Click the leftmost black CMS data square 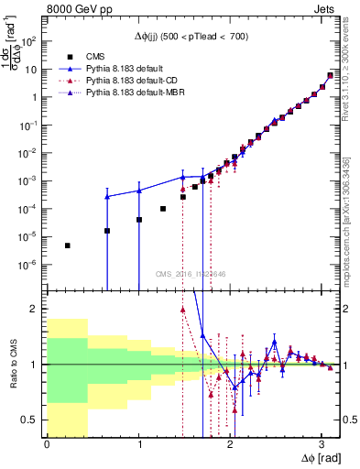pos(68,245)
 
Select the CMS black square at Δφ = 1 pos(139,220)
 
